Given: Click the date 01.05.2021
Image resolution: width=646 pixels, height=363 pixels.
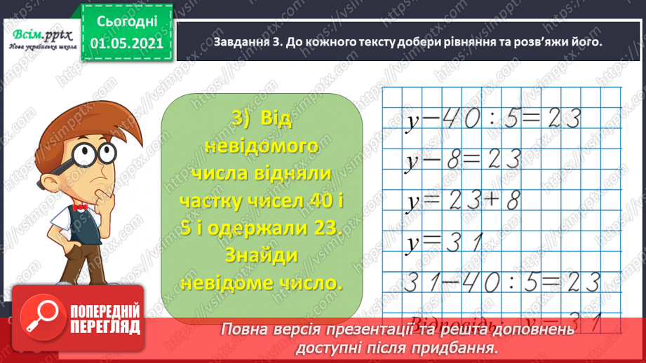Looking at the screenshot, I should pos(126,43).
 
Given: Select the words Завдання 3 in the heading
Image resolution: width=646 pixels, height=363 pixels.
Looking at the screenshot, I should pos(239,42).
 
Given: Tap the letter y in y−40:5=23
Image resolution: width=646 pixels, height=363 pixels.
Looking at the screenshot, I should pos(412,121).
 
